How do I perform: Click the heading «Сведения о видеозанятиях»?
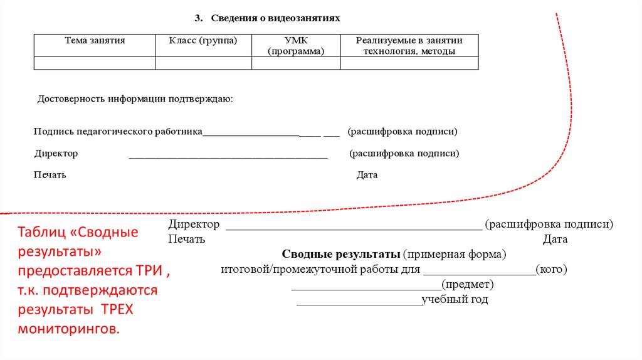(x=275, y=18)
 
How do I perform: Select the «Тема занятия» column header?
(x=95, y=41)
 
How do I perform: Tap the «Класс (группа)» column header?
(x=203, y=41)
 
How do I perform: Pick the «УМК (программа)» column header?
(x=296, y=46)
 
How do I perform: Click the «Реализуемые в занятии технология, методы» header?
(x=409, y=46)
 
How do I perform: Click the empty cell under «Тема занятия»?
(x=95, y=63)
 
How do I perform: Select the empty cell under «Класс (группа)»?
(x=203, y=63)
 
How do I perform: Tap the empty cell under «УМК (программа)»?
(x=296, y=63)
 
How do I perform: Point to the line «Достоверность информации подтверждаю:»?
(x=135, y=99)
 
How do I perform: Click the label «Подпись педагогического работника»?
(x=118, y=132)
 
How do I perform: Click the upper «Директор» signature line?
(x=228, y=157)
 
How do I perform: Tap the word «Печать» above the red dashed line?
(x=50, y=176)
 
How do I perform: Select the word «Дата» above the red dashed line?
(x=367, y=176)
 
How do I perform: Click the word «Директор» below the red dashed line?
(x=194, y=225)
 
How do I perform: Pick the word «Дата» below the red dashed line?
(x=555, y=240)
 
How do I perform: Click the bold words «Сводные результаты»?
(x=340, y=255)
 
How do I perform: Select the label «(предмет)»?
(x=468, y=285)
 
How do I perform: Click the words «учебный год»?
(x=455, y=300)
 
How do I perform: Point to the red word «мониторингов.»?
(x=68, y=328)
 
